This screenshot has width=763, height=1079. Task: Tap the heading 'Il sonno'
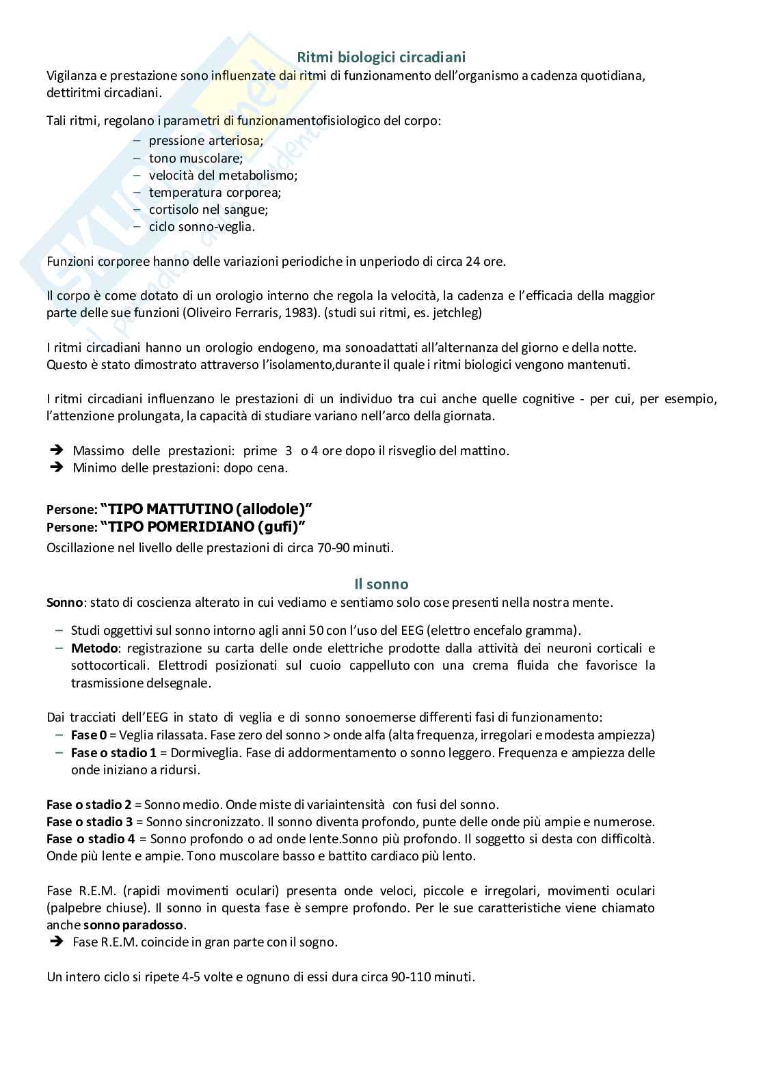pyautogui.click(x=381, y=584)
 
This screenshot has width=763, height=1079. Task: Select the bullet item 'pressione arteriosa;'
pyautogui.click(x=206, y=141)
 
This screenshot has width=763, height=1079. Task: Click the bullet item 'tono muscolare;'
pyautogui.click(x=196, y=159)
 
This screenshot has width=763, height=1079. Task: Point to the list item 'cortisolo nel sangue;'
pyautogui.click(x=208, y=210)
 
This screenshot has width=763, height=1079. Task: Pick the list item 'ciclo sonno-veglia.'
pyautogui.click(x=202, y=227)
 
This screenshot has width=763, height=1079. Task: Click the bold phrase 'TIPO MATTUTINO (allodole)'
pyautogui.click(x=206, y=509)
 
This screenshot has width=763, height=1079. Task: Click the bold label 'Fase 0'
pyautogui.click(x=88, y=735)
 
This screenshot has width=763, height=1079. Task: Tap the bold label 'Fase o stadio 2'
pyautogui.click(x=89, y=805)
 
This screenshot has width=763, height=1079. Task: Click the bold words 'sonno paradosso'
pyautogui.click(x=133, y=925)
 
